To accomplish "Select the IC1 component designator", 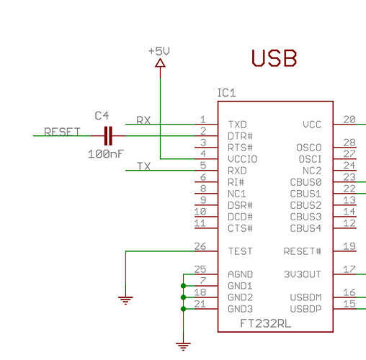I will coord(226,94).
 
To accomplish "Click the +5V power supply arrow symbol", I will coord(160,64).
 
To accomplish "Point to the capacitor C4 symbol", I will coord(109,135).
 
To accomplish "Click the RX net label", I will coord(143,120).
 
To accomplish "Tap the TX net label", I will coord(143,166).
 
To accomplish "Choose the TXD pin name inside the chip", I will coord(238,124).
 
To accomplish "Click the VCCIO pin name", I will coord(242,158).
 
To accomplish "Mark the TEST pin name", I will coord(241,251).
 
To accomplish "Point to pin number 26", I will coord(201,246).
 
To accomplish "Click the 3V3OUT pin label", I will coord(303,274).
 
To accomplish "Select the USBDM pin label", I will coord(305,297).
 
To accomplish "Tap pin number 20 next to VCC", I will coord(349,120).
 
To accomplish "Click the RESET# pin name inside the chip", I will coord(303,251).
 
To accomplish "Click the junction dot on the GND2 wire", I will coord(184,297).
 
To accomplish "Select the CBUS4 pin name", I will coord(305,228).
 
